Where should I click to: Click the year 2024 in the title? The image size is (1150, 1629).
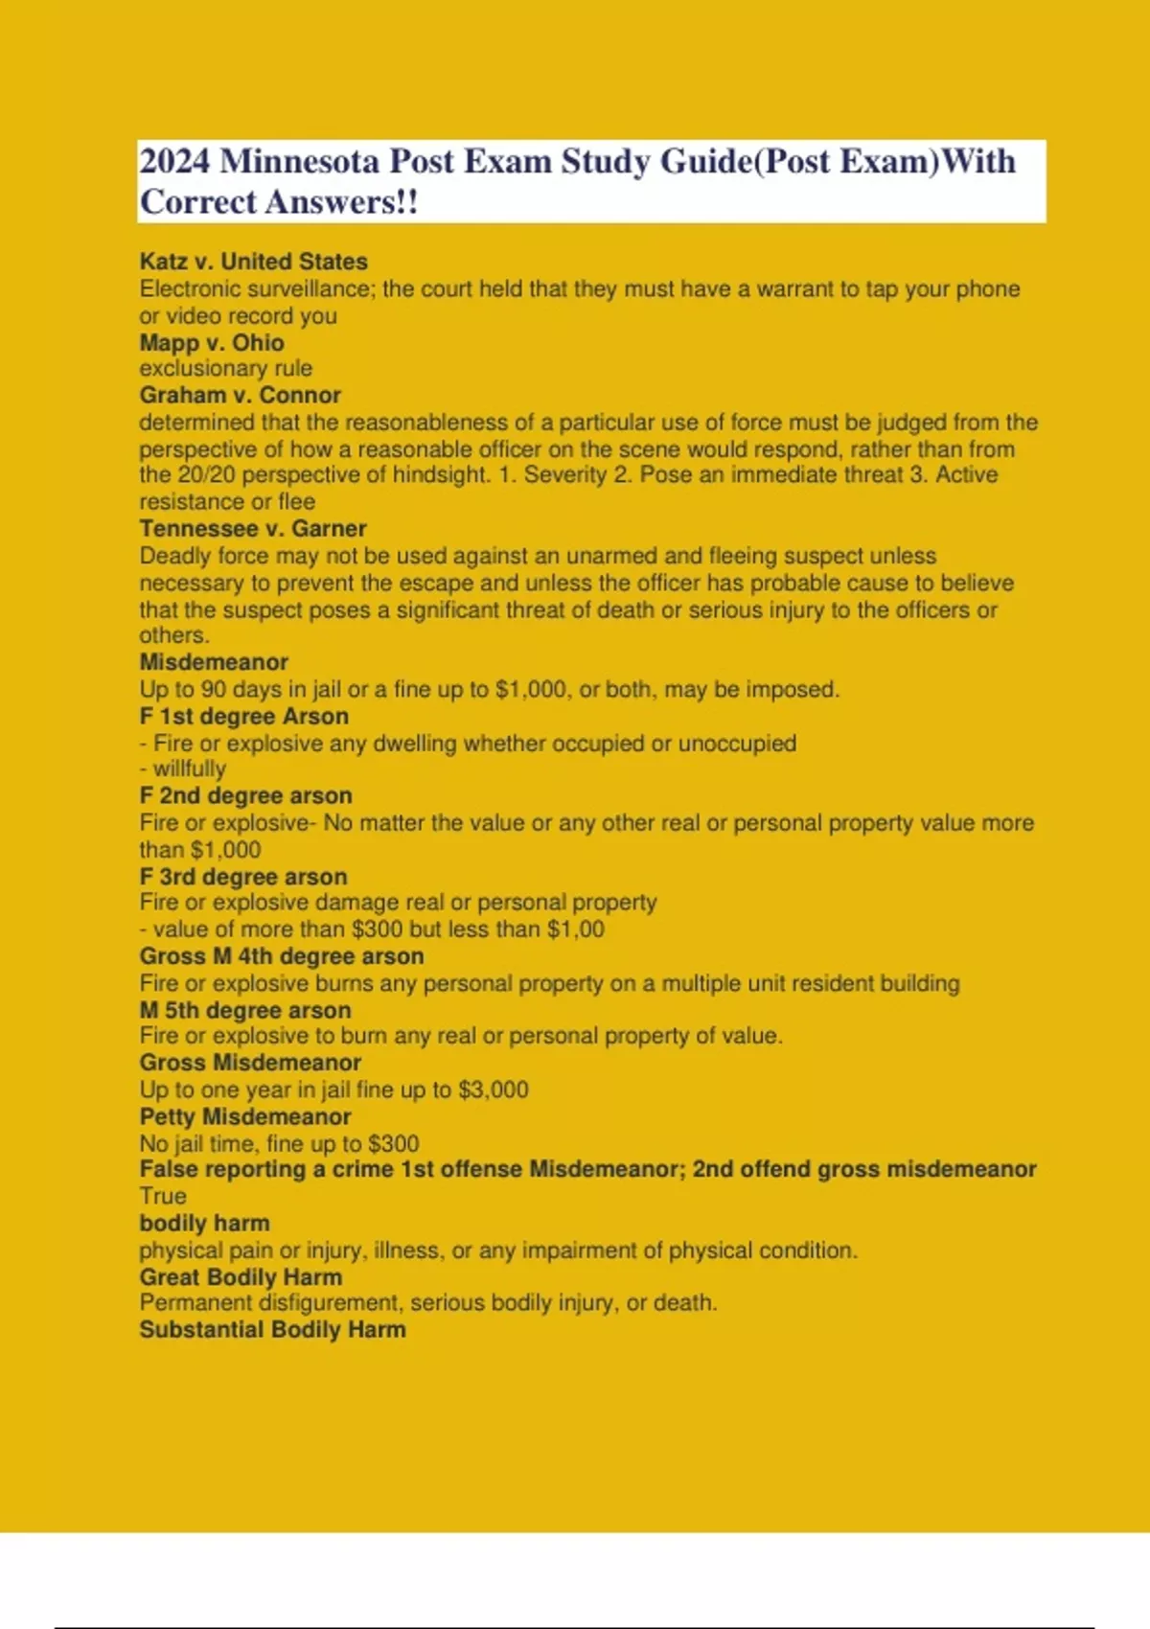coord(174,161)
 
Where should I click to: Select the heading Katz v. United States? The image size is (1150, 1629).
coord(253,262)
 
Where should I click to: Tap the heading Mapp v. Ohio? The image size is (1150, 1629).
coord(211,343)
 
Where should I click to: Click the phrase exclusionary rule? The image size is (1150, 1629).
coord(225,369)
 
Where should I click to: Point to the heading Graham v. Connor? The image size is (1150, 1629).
coord(240,396)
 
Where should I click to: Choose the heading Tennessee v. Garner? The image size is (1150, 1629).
coord(252,529)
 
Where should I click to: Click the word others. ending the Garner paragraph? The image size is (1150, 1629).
coord(173,635)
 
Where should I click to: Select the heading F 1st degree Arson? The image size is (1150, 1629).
coord(243,717)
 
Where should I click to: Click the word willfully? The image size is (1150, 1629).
coord(189,769)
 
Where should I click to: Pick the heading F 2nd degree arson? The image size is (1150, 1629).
coord(245,796)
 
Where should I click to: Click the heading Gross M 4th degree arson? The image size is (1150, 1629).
coord(281,956)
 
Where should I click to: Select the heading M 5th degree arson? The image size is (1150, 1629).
coord(244,1011)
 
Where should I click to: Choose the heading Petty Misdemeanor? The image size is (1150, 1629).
coord(244,1117)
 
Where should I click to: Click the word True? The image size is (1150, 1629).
coord(162,1197)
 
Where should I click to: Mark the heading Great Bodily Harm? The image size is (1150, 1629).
coord(240,1277)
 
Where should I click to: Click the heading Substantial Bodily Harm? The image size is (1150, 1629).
coord(272,1330)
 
